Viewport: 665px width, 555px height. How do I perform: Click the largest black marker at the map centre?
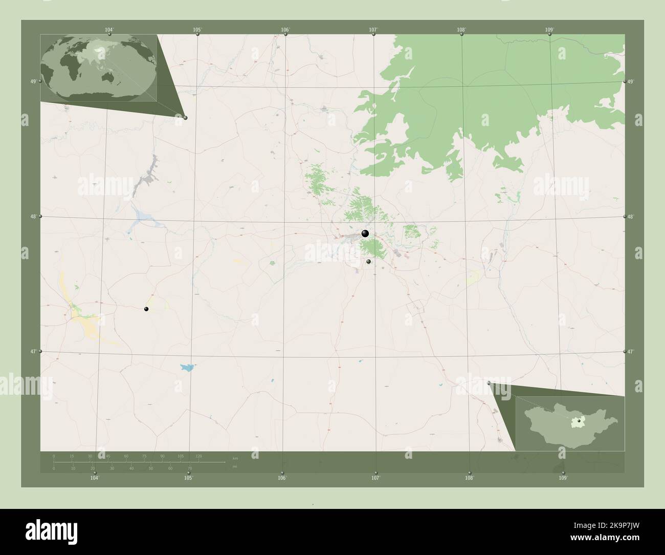(365, 233)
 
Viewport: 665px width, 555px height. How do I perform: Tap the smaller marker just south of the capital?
(368, 262)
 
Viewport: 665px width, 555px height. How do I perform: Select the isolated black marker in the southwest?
(146, 309)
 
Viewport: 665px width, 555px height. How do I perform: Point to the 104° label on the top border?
(108, 30)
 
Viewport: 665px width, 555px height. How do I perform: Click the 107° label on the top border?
(373, 30)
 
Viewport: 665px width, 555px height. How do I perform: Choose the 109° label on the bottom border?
(563, 478)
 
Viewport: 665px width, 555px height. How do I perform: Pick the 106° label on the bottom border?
(282, 478)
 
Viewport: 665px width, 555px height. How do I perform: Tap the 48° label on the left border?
(33, 217)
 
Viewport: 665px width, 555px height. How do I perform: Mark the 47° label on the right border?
(631, 352)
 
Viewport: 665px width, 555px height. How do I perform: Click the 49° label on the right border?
(631, 81)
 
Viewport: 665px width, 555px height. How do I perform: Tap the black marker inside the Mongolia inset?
(579, 421)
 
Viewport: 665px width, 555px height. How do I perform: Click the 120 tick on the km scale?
(198, 456)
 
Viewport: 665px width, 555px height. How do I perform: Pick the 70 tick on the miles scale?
(189, 468)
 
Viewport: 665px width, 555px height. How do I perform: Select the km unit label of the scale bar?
(235, 458)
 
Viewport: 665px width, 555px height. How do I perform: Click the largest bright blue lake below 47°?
(187, 367)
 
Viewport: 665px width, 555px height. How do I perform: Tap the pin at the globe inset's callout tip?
(185, 118)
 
